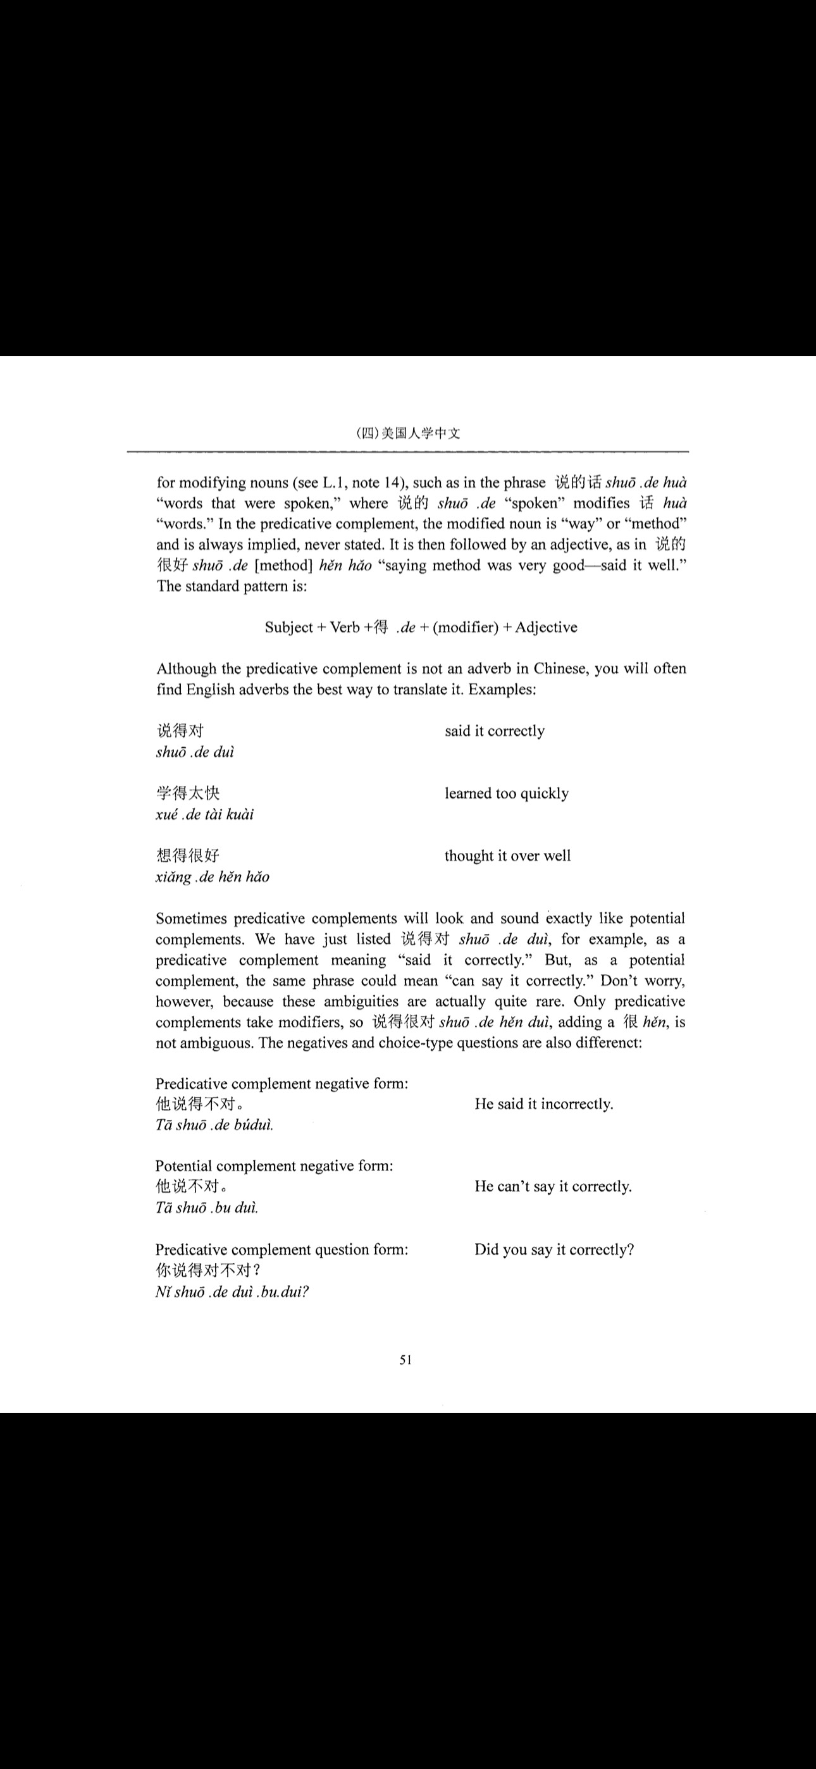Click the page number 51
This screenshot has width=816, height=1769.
(406, 1360)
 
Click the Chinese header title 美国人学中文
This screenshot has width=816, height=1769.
(421, 433)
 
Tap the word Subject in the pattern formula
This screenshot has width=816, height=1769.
(288, 627)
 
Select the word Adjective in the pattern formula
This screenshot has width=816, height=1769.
(546, 627)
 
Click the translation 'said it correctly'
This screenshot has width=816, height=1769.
(495, 731)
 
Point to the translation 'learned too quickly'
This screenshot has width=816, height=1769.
(506, 793)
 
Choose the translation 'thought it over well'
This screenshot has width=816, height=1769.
(507, 855)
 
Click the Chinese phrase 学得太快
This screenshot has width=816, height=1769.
(187, 793)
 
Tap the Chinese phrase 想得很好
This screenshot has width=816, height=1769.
(187, 855)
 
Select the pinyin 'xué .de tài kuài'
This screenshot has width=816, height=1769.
(205, 814)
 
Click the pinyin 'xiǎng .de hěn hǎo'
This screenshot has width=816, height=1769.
(213, 877)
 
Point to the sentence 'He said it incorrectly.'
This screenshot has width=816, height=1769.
(543, 1103)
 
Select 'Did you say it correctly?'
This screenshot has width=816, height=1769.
(553, 1249)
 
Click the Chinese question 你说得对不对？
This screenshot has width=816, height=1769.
(207, 1270)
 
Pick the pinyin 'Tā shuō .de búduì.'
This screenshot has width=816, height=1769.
(214, 1125)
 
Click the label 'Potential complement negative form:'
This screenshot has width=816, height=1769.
(274, 1165)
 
